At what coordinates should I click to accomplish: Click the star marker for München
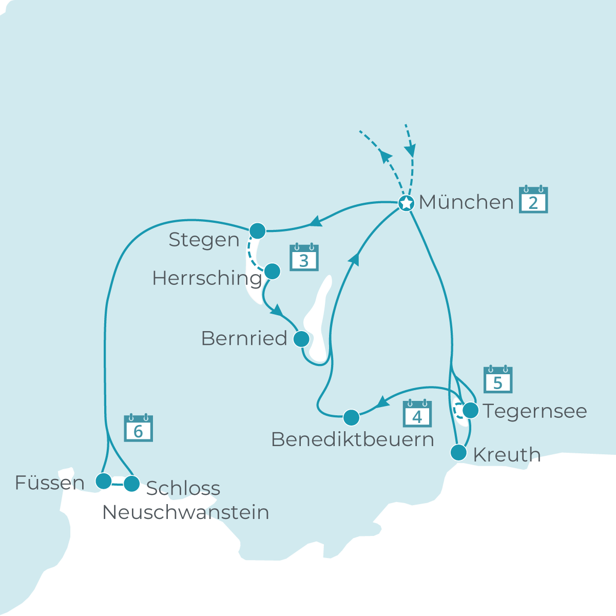pos(407,203)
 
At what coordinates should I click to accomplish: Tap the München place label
pos(466,202)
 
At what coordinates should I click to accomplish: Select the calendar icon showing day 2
pos(533,200)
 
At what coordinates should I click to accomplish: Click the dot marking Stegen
pos(257,231)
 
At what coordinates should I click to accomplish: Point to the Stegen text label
pos(204,240)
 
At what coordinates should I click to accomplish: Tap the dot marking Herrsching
pos(272,271)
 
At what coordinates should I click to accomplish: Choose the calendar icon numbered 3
pos(304,258)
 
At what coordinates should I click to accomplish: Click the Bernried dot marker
pos(301,339)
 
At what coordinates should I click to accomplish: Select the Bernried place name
pos(244,339)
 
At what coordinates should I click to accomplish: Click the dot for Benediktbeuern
pos(351,417)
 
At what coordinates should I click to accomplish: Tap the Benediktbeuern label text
pos(352,440)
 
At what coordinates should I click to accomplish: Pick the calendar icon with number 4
pos(417,414)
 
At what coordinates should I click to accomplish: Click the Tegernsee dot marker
pos(471,410)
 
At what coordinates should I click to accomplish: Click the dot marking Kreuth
pos(458,453)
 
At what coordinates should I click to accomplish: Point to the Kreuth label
pos(507,455)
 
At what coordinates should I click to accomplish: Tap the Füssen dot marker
pos(104,481)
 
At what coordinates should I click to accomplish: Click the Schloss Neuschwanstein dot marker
pos(132,484)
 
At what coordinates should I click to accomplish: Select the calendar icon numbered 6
pos(138,429)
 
